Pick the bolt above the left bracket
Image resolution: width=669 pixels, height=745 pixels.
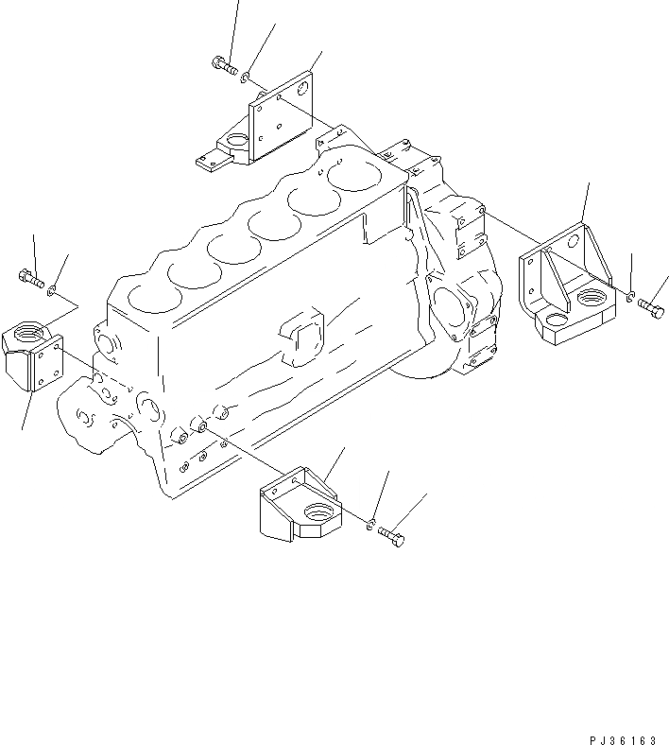[x=31, y=277]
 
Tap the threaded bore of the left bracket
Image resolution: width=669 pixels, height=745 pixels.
[x=25, y=333]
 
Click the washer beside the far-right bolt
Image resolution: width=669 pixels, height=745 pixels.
[x=629, y=298]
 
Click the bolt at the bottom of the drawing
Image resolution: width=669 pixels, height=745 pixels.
[x=393, y=538]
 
